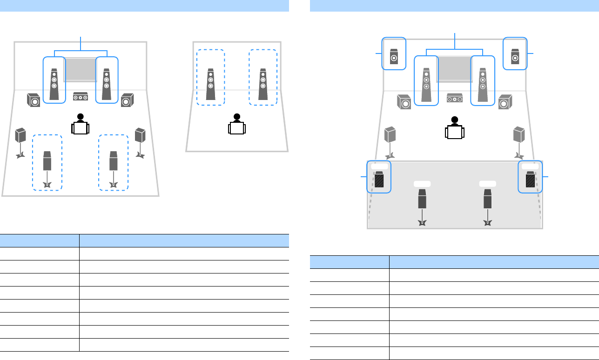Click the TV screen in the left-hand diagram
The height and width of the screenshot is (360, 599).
(x=81, y=69)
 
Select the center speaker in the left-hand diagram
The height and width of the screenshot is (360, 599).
(x=81, y=97)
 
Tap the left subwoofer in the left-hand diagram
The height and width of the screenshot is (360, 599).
(x=34, y=100)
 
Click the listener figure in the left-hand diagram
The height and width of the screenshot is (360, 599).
(x=80, y=124)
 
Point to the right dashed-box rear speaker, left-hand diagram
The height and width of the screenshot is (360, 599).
(x=113, y=160)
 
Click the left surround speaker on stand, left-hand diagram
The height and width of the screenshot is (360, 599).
(x=20, y=136)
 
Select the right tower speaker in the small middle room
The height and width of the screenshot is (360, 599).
(x=263, y=85)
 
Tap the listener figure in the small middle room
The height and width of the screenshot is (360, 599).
(x=237, y=124)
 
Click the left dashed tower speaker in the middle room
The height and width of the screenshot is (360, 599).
(x=210, y=85)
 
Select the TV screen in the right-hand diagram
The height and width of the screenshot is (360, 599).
(x=454, y=69)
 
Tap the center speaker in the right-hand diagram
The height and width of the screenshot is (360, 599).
(x=454, y=98)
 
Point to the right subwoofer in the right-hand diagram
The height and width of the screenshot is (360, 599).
(x=505, y=102)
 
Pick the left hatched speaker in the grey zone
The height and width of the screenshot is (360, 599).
(x=379, y=180)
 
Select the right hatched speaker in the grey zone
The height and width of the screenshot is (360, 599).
(x=530, y=180)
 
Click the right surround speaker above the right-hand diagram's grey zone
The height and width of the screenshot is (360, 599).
(x=519, y=135)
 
